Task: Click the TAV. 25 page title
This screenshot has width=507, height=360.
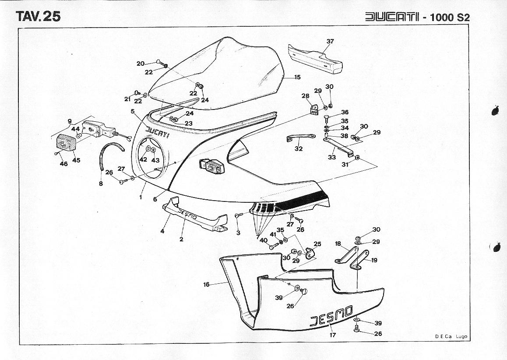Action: click(38, 16)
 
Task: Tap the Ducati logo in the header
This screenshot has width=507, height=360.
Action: click(392, 17)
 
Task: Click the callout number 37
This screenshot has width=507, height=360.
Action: click(330, 42)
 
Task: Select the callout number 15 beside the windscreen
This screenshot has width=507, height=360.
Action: click(297, 77)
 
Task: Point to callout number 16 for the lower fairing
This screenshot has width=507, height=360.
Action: click(206, 285)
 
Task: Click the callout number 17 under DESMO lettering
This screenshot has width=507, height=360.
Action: click(333, 335)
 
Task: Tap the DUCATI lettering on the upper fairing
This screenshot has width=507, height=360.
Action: click(157, 132)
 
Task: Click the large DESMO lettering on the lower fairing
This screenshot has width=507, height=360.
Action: click(331, 316)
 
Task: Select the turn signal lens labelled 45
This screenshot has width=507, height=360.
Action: click(66, 142)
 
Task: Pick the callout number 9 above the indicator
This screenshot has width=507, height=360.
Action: click(70, 121)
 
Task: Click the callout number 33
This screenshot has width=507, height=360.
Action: click(332, 158)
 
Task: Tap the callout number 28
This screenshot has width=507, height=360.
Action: click(305, 96)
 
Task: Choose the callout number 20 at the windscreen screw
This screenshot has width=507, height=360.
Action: click(141, 64)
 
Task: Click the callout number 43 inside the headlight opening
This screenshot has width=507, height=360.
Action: click(155, 160)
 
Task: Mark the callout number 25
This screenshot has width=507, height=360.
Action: click(317, 244)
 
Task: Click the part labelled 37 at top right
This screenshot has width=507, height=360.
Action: click(315, 59)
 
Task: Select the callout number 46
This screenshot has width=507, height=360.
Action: click(63, 164)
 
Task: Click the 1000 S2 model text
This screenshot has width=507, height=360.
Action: click(450, 17)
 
